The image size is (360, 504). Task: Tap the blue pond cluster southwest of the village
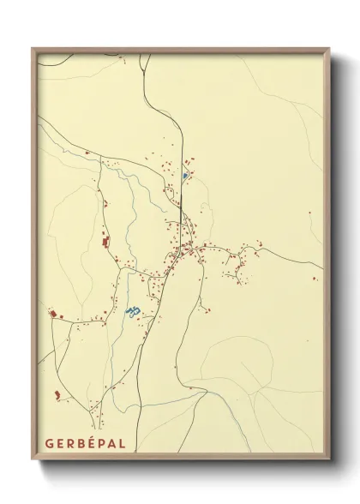click(x=131, y=311)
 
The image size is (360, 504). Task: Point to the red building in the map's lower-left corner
click(x=57, y=394)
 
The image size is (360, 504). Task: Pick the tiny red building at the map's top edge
click(x=123, y=60)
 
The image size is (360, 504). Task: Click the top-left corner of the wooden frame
click(x=33, y=48)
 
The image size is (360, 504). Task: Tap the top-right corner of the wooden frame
click(x=330, y=48)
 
